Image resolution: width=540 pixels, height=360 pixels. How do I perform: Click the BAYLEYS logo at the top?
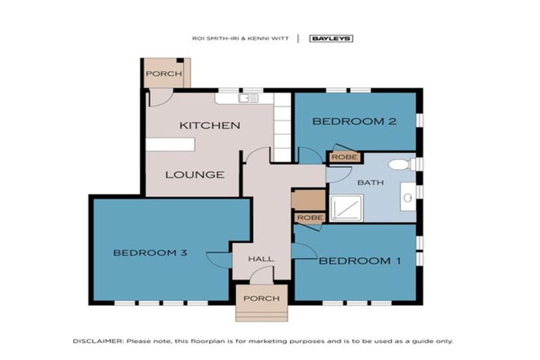331,39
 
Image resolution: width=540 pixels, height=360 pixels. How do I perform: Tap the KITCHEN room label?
210,126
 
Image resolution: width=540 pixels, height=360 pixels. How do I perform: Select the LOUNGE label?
195,174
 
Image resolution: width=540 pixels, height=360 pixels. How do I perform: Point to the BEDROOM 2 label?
354,121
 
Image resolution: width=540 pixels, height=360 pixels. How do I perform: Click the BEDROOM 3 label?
149,252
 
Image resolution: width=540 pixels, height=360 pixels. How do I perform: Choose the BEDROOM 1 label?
360,261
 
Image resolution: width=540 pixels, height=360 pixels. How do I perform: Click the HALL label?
261,259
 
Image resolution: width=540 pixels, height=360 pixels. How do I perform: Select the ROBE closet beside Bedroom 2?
344,157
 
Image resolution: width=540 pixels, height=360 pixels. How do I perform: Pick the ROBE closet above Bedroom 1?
309,218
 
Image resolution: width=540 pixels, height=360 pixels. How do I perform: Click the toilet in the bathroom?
400,165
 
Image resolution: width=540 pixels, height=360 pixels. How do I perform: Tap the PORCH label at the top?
163,74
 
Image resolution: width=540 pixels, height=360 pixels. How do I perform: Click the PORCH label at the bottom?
262,299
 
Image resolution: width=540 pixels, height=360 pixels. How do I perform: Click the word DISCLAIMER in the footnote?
98,341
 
